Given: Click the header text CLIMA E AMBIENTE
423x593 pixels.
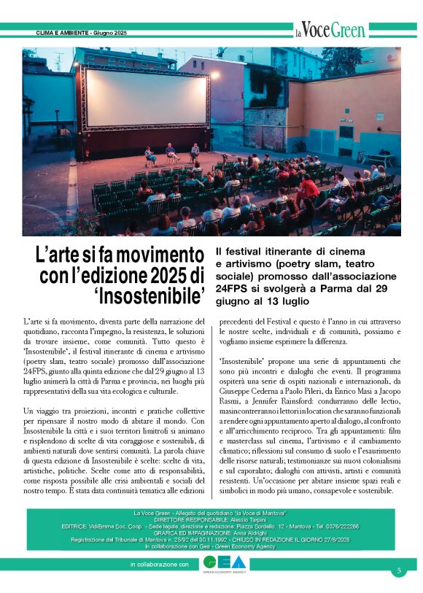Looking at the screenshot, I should [x=63, y=34].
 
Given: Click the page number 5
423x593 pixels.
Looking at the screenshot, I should [x=399, y=570].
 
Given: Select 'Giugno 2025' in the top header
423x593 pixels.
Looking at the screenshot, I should [x=110, y=34].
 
